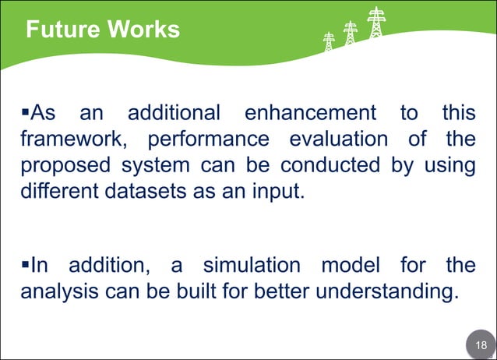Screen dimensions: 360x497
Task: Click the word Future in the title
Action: pyautogui.click(x=62, y=30)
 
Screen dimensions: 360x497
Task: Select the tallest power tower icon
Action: pyautogui.click(x=377, y=23)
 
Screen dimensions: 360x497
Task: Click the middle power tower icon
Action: pyautogui.click(x=351, y=33)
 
